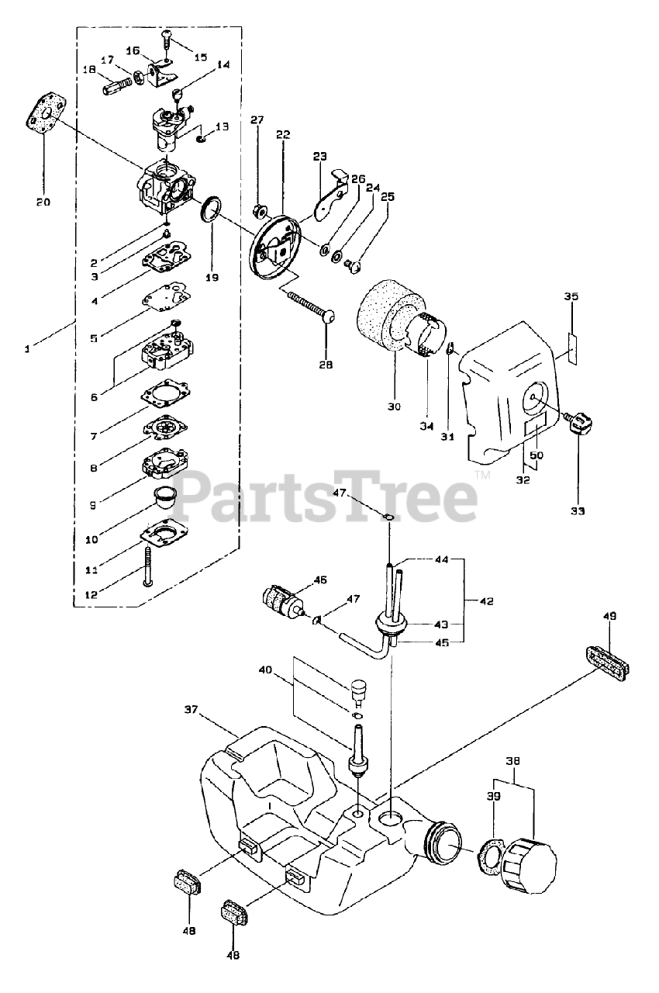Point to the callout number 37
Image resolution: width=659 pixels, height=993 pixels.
coord(193,709)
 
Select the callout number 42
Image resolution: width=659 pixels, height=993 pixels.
coord(486,601)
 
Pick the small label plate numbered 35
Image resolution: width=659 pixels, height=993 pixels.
coord(571,348)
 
